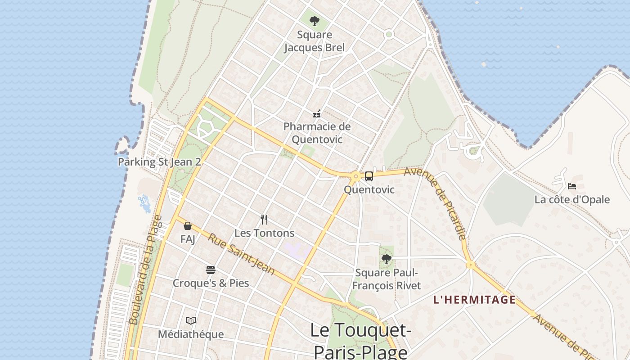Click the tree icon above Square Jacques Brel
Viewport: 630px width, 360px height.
314,21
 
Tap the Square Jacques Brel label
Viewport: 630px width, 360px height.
314,41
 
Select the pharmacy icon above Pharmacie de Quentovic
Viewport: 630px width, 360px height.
317,114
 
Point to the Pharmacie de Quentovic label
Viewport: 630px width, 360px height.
317,133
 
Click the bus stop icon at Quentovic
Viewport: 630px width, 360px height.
369,176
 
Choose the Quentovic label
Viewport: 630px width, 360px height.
369,189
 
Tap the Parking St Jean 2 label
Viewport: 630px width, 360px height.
159,162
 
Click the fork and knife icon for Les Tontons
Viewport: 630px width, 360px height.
264,220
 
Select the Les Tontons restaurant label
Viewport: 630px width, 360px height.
264,233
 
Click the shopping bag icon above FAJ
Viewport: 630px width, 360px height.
188,226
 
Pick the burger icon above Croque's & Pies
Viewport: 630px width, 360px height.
211,270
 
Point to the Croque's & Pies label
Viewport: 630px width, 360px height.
211,283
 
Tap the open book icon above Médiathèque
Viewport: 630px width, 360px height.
191,321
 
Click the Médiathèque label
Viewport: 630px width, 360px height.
191,334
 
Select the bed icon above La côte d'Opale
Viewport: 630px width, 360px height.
572,186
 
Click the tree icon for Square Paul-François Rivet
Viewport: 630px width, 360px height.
386,259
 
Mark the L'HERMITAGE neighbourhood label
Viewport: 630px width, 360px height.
474,300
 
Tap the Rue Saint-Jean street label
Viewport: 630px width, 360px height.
241,253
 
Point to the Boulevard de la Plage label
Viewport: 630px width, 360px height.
145,270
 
